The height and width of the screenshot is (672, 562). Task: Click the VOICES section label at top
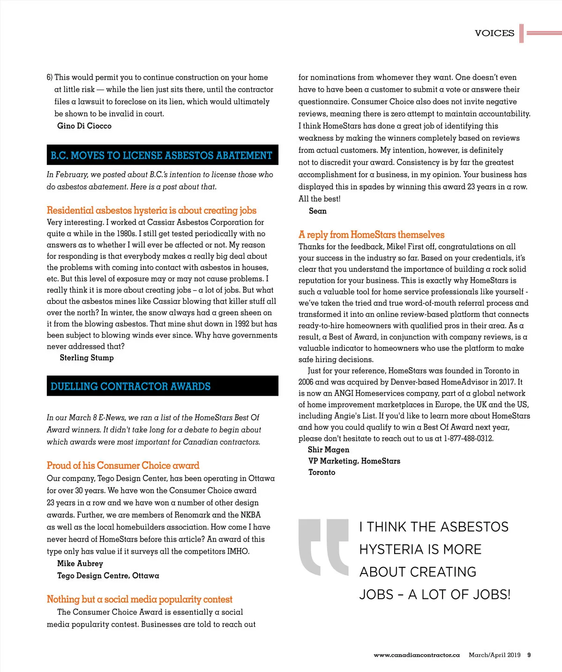tap(494, 33)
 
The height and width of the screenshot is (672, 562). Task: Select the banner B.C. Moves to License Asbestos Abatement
tap(162, 155)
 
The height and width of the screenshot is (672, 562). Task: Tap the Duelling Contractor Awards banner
tap(131, 386)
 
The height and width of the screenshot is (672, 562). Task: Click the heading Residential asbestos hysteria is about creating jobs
tap(151, 210)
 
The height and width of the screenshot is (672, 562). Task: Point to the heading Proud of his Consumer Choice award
tap(123, 465)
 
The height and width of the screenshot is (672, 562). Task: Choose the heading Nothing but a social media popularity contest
tap(139, 599)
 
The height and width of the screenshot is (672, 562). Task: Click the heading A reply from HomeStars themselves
tap(371, 234)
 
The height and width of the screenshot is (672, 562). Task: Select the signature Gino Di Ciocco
tap(84, 126)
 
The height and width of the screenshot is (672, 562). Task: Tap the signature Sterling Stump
tap(87, 358)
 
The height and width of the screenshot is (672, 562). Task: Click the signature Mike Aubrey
tap(80, 563)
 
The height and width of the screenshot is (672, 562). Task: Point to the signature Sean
tap(318, 211)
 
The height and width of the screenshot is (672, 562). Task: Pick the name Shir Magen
tap(329, 450)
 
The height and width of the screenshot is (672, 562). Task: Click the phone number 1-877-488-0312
tap(468, 438)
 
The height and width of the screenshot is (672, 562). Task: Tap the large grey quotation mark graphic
tap(323, 547)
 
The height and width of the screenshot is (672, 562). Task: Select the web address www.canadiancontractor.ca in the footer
tap(417, 655)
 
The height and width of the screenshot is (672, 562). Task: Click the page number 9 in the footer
tap(529, 655)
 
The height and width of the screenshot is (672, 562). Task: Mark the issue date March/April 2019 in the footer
tap(495, 655)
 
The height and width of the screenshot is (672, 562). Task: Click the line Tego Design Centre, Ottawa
tap(108, 575)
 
